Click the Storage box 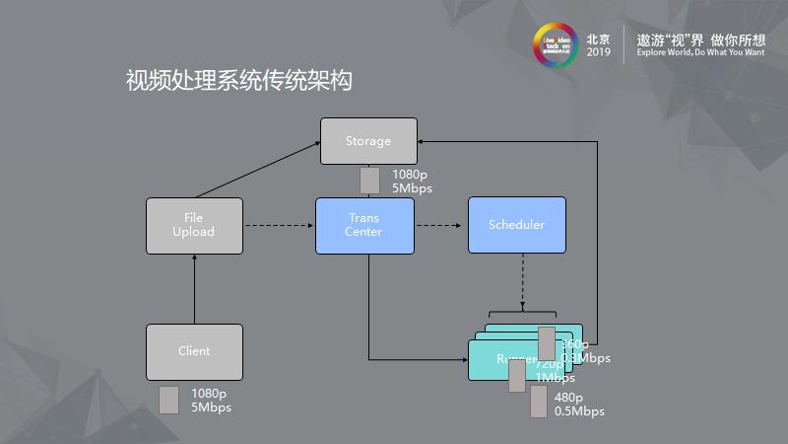[x=368, y=141]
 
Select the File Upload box [x=193, y=225]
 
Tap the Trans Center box [x=363, y=225]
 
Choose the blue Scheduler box [x=516, y=225]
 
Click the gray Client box [x=193, y=351]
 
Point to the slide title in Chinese [x=239, y=81]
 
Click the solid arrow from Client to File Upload [x=194, y=288]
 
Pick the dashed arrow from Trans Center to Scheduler [x=438, y=226]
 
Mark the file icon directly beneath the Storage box [x=369, y=181]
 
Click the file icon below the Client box [x=168, y=400]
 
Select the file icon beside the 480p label [x=538, y=402]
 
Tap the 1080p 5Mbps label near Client [x=211, y=400]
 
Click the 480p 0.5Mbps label [x=579, y=405]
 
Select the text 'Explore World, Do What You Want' [x=700, y=52]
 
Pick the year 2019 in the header [x=598, y=52]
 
